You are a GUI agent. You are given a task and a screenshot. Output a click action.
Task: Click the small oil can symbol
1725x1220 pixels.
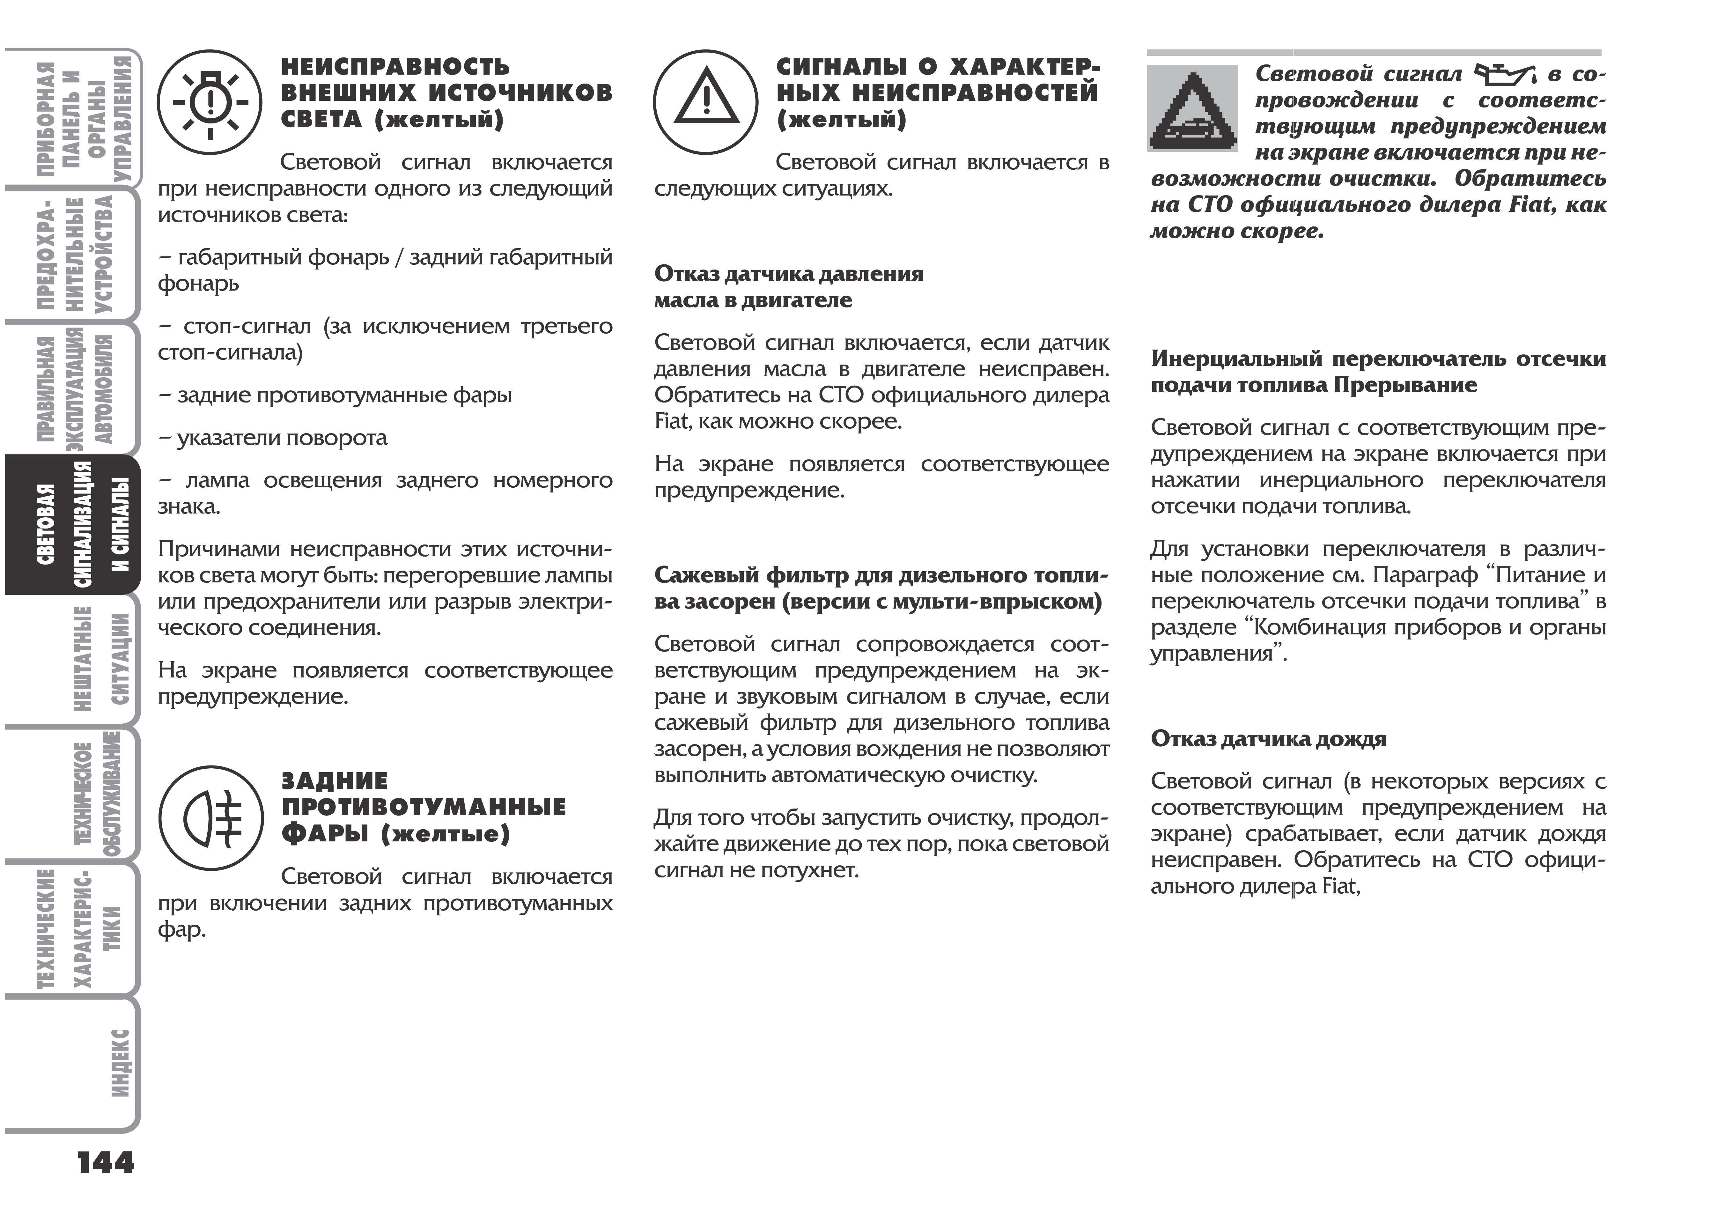1503,74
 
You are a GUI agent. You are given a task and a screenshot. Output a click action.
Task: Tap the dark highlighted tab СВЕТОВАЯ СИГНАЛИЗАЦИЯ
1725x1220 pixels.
83,524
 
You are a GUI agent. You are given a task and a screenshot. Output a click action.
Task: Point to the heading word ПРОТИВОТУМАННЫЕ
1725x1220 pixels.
424,807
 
